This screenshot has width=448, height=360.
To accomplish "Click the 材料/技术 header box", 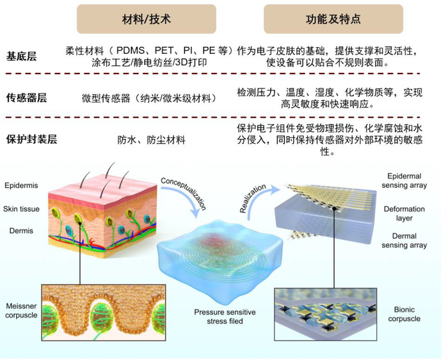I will coord(146,19).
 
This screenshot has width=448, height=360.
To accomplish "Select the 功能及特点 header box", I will coord(333,19).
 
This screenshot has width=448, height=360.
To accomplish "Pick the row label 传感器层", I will coord(26,98).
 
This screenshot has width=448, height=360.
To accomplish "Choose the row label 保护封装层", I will coord(31,139).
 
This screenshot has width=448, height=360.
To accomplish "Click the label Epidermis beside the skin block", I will coord(20,185).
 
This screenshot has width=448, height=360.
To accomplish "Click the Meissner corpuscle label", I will coord(19,310).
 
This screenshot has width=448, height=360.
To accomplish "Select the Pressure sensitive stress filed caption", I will coord(225,317).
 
